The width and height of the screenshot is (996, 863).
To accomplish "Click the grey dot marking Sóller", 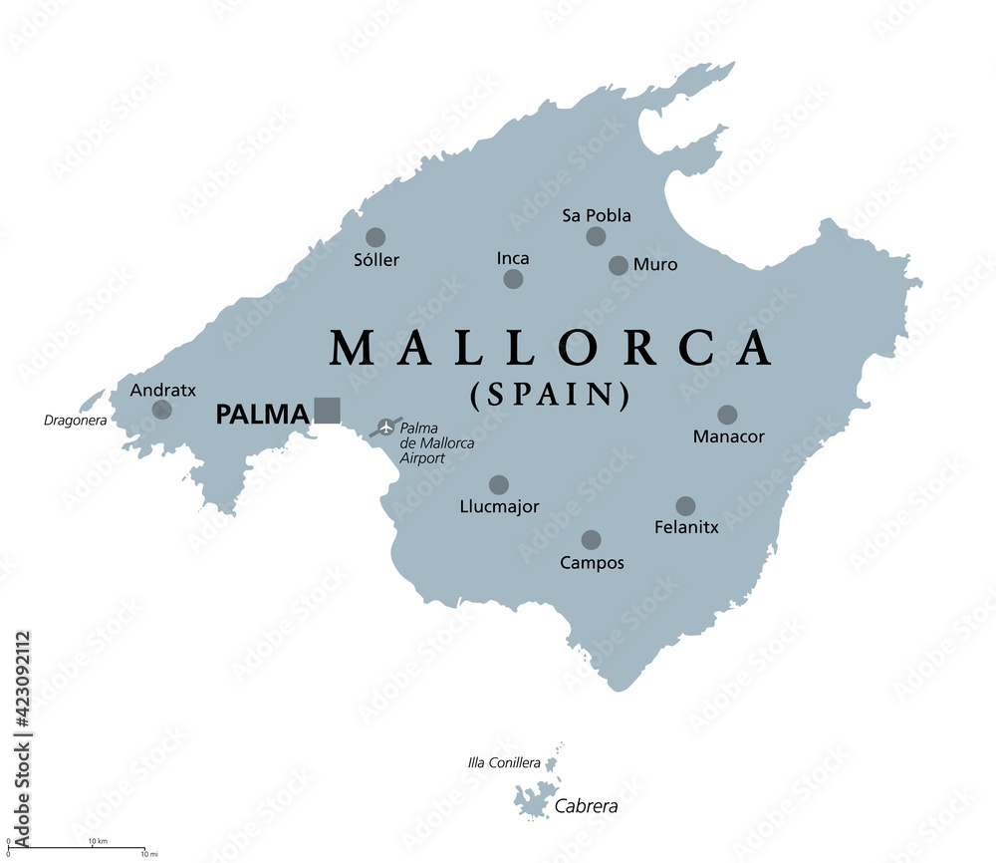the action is coord(375,237).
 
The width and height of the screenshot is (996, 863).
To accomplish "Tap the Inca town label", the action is coord(513,258).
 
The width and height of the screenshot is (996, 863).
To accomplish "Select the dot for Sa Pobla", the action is coord(596,236).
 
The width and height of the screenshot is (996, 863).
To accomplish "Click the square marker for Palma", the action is coord(327,411).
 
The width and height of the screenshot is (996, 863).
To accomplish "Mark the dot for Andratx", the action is coord(161,410).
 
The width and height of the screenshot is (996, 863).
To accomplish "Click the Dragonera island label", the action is coord(76,421).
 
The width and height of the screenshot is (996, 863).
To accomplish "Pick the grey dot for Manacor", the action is coord(727,415).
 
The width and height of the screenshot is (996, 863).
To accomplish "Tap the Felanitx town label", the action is coord(686,527).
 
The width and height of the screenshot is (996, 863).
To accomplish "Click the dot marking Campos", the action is coord(591,540).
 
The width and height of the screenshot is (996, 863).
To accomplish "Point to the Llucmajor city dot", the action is coord(499,485).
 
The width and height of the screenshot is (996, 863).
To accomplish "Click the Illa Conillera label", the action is coord(504,763).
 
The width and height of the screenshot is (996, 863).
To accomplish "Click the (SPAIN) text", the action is coord(550,396).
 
